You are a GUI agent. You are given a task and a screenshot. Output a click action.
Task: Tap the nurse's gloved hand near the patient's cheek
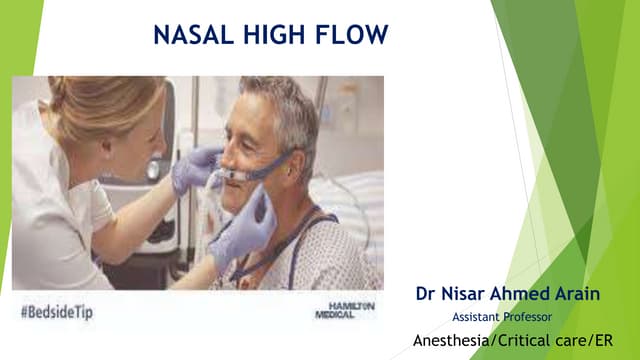[x=194, y=168]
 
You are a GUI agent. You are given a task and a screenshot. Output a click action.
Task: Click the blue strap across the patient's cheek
[x=270, y=166]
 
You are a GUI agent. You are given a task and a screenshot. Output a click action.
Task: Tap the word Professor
[x=523, y=317]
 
